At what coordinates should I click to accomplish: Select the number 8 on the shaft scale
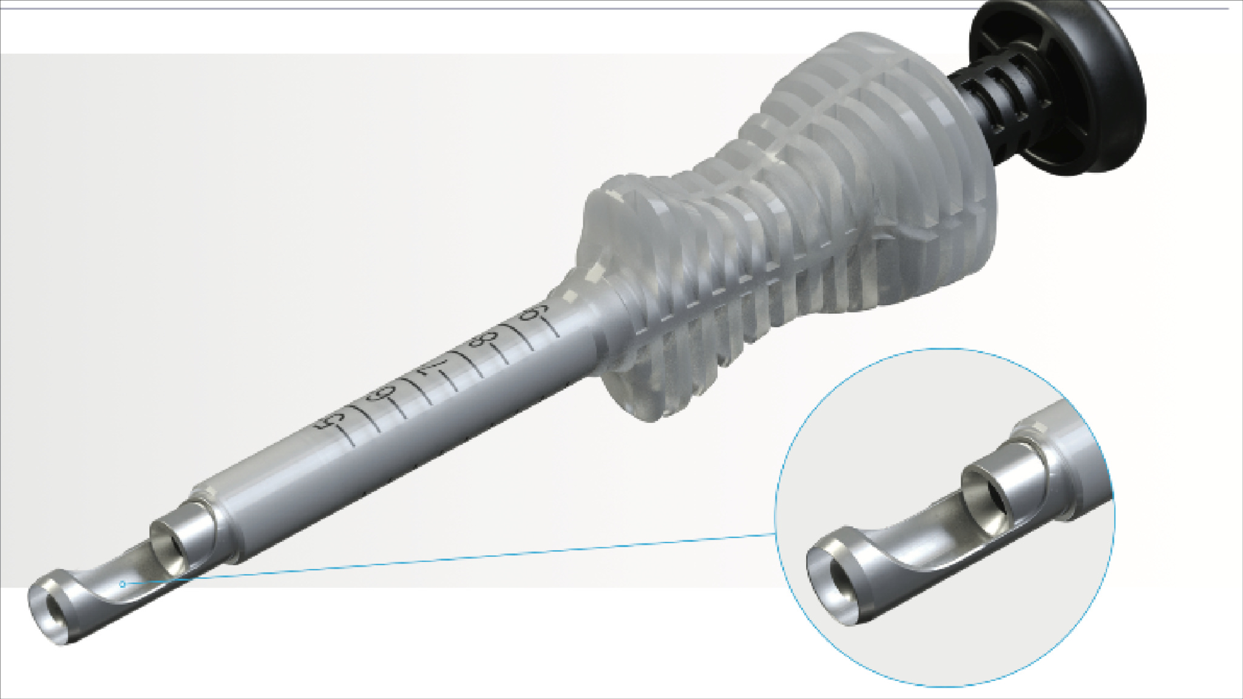(481, 340)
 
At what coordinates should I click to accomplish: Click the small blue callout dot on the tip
(123, 584)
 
